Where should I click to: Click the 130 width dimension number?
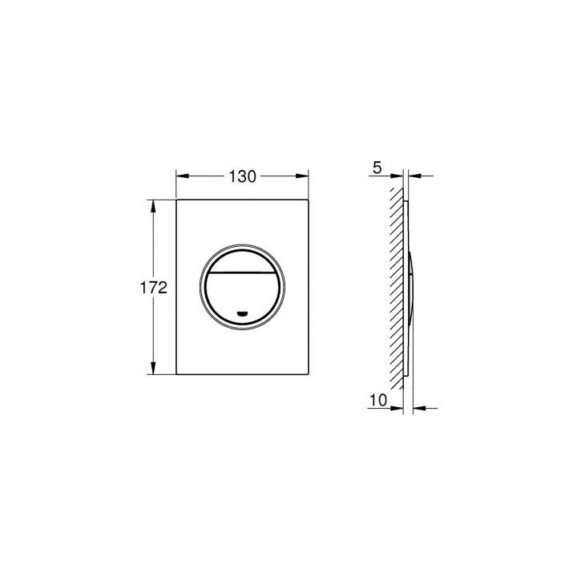(x=242, y=177)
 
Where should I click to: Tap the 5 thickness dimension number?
(x=377, y=168)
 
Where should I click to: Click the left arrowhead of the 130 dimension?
(x=180, y=177)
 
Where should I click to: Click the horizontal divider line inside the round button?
(x=243, y=272)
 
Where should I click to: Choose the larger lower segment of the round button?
(x=243, y=295)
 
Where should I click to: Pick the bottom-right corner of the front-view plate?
(x=309, y=376)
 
